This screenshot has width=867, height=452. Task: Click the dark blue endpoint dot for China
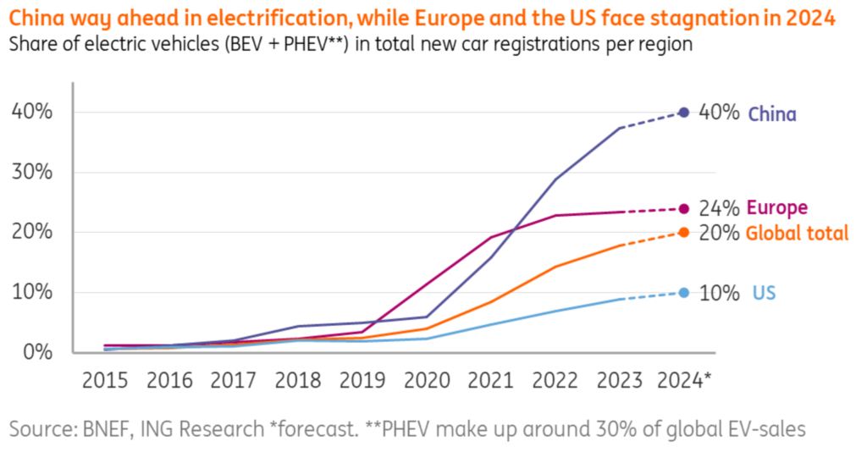point(684,113)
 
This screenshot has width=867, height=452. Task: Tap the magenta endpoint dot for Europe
point(684,209)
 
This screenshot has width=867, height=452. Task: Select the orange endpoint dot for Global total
point(684,233)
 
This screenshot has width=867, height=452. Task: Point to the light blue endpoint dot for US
point(684,293)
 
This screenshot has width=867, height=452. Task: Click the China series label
point(771,113)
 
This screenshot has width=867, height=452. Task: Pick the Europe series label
point(777,208)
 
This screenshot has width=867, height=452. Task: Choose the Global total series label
point(797,234)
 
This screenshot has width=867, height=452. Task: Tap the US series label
point(764,294)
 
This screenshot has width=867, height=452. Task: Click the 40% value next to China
point(719,113)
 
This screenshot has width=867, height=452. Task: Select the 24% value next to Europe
point(719,208)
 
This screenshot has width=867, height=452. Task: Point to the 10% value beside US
point(719,294)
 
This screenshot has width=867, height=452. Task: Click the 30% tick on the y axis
point(31,173)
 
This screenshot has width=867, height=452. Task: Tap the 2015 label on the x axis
point(105,380)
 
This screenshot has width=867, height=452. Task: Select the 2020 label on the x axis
point(427,380)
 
